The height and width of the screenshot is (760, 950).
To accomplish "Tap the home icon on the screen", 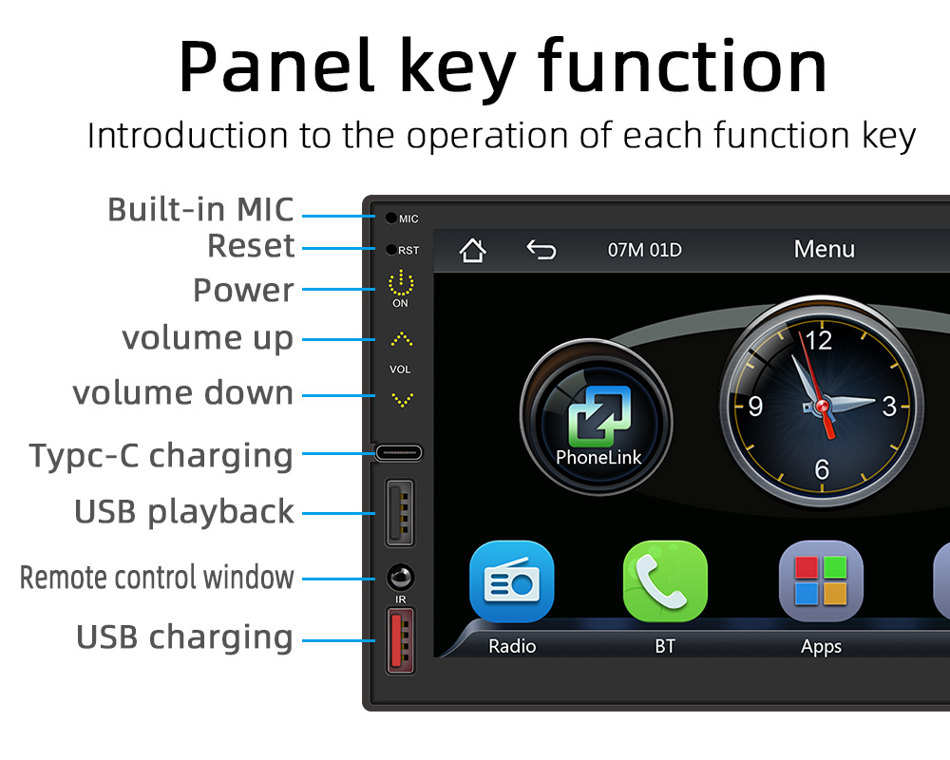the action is [x=472, y=250].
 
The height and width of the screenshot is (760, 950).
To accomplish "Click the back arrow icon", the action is [x=541, y=250].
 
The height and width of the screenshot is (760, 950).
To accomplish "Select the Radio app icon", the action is [x=512, y=581].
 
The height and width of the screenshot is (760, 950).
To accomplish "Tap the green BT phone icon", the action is [x=665, y=581].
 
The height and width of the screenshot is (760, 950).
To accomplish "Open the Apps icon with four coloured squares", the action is [x=821, y=581].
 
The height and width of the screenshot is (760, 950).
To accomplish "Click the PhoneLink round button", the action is [x=597, y=417].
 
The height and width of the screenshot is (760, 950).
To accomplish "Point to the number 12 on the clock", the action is [x=819, y=341].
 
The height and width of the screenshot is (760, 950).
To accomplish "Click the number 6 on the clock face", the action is [x=822, y=469].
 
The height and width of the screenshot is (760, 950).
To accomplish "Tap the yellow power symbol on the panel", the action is [x=401, y=283].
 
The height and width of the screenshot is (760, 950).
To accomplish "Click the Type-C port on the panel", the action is [x=398, y=453].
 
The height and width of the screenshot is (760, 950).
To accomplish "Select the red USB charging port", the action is [x=401, y=641].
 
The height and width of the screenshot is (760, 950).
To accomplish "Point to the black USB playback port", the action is [x=400, y=513].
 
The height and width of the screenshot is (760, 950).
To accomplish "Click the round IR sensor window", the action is [x=401, y=577].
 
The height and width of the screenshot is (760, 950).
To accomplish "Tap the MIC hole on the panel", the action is [x=391, y=218].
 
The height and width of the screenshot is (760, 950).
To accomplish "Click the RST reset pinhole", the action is [x=391, y=249].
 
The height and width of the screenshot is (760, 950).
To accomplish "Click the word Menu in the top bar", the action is [x=824, y=249].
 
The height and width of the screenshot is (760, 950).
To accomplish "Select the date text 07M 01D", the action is [x=645, y=250].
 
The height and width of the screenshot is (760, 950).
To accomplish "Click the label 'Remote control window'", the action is [x=157, y=577].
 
